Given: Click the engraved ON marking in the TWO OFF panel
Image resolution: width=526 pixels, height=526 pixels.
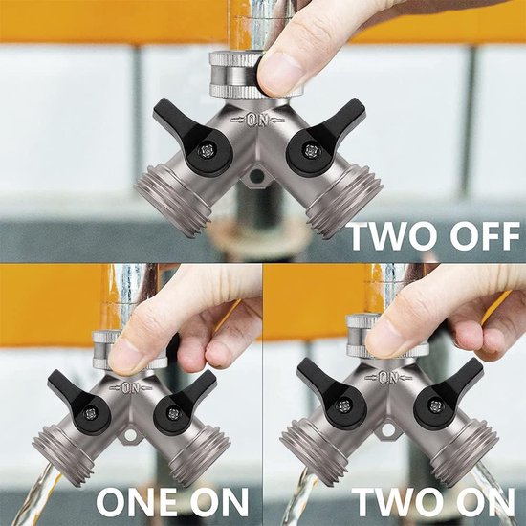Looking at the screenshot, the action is click(257, 121).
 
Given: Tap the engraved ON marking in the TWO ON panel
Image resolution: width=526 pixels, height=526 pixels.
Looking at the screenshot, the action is click(388, 378).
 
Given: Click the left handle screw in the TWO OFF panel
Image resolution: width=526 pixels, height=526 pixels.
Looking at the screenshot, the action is click(206, 151).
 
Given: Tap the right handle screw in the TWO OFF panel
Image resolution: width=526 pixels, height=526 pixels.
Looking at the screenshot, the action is click(310, 150).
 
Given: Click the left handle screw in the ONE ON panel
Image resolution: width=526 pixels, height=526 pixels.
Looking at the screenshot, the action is click(90, 414).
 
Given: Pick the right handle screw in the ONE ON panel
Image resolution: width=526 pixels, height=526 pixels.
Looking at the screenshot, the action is click(173, 413).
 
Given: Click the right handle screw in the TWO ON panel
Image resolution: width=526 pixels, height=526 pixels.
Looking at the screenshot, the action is click(436, 406).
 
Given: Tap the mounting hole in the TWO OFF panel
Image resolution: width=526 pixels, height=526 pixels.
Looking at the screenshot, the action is click(257, 175).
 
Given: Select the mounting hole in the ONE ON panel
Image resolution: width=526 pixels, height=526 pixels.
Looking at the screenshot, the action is click(130, 435).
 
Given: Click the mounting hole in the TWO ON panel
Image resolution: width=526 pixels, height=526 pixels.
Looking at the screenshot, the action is click(388, 429).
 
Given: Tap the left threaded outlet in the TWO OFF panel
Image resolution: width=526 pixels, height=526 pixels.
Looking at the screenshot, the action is click(173, 199).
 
